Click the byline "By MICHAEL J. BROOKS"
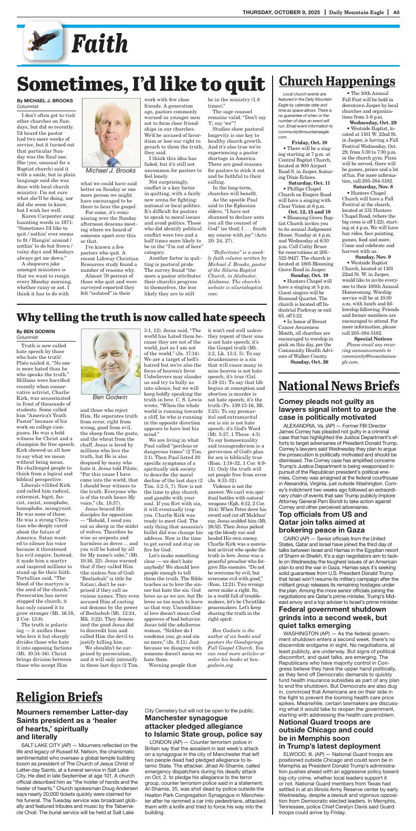pos(46,100)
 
